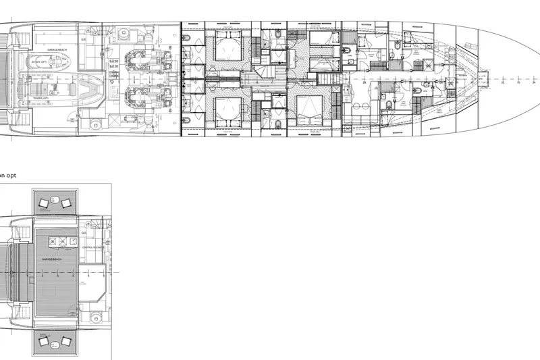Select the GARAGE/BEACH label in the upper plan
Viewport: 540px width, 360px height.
57,50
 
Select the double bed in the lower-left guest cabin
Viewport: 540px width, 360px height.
227,109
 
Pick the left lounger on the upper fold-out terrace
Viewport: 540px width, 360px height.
45,201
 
